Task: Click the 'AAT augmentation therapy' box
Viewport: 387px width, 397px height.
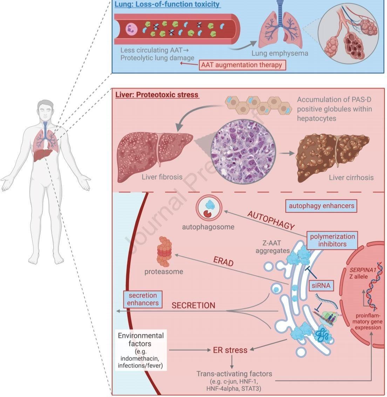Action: coord(242,65)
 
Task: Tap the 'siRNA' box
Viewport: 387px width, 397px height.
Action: coord(321,286)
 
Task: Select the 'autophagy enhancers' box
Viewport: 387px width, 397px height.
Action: coord(321,206)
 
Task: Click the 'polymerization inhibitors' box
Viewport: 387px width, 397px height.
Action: coord(332,240)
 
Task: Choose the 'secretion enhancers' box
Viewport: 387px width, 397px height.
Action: coord(143,299)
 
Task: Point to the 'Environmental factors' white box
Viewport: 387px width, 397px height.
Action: coord(141,350)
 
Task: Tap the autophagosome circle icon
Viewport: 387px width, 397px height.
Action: coord(209,208)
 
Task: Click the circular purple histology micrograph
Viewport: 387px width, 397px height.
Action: coord(243,152)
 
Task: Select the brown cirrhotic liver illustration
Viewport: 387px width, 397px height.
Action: coord(332,157)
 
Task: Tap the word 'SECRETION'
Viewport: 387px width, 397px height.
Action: coord(193,306)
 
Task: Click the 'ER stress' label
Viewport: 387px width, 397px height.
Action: coord(230,350)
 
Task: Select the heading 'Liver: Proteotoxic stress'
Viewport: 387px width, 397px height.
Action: coord(157,95)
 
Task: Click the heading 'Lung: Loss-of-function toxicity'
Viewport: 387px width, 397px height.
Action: coord(167,4)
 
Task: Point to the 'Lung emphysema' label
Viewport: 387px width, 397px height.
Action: coord(280,53)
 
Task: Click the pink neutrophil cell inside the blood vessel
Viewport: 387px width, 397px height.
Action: coord(132,29)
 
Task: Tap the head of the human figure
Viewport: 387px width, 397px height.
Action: coord(46,111)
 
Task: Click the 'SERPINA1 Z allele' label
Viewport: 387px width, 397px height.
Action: coord(362,273)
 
